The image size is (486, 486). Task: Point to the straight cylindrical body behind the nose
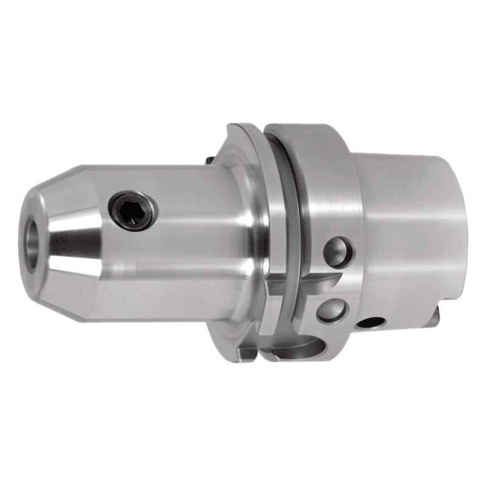pos(170,243)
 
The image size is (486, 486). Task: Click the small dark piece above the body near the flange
pos(209,160)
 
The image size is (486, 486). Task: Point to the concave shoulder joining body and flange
pos(234,243)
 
